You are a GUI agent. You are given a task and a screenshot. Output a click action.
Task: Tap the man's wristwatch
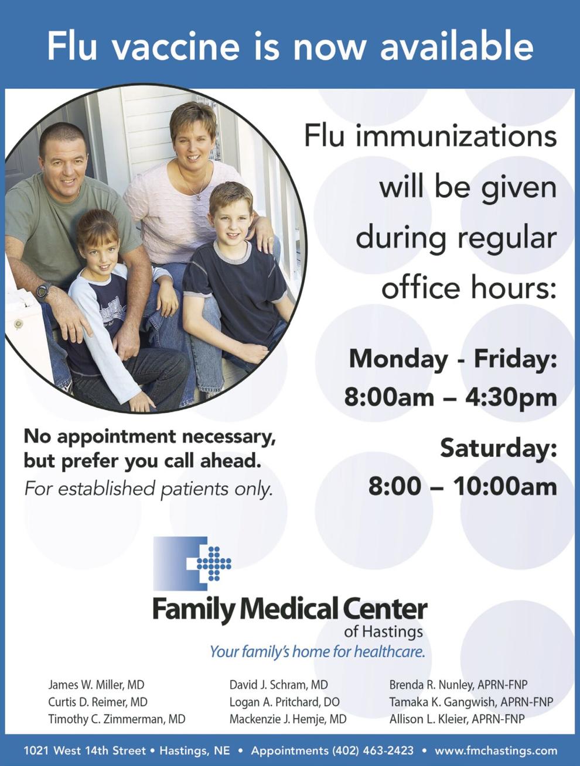tap(45, 292)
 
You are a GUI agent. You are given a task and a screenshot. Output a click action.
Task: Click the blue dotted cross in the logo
tap(214, 564)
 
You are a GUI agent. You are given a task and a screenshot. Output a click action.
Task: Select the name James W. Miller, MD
tap(96, 685)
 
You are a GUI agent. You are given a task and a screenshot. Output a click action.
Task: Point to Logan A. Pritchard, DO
tap(284, 702)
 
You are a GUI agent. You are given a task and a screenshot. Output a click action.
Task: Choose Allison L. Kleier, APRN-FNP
tap(457, 719)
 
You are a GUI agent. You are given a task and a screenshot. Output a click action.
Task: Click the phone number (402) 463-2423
tap(373, 750)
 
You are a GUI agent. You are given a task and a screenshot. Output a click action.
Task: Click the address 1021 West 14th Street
tap(84, 750)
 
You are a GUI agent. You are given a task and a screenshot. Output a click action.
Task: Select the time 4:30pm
tap(511, 397)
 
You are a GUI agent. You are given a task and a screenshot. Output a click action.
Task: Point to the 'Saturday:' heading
tap(499, 448)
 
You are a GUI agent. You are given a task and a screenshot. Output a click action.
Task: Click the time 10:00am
tap(505, 486)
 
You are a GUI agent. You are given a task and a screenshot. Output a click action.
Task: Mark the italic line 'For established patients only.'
tap(148, 489)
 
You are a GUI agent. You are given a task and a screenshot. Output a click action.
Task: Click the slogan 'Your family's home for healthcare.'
tap(318, 651)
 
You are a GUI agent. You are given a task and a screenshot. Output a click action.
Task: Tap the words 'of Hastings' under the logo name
tap(383, 631)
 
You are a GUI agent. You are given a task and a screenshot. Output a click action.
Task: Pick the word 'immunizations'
tap(456, 136)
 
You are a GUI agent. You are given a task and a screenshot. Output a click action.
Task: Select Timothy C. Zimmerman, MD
tap(117, 719)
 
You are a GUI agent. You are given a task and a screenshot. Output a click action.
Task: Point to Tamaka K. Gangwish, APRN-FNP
tap(472, 702)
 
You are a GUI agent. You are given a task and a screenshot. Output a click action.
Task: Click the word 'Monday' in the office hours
tap(398, 359)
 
